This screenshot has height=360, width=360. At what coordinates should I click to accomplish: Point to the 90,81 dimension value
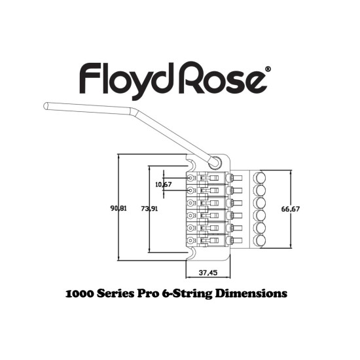pos(118,209)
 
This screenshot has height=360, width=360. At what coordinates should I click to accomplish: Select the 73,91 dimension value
pos(149,209)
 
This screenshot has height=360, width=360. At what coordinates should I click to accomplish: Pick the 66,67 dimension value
pos(291,209)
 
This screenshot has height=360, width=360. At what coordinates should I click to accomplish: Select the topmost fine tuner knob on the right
pos(259,178)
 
